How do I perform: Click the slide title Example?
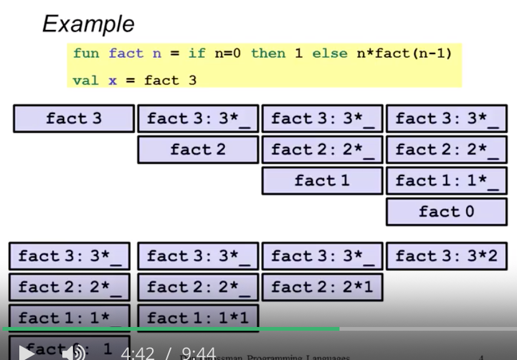[88, 24]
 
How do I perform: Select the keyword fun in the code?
[86, 54]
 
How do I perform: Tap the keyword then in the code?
[268, 54]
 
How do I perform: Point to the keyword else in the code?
[330, 54]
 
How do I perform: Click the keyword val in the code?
[86, 80]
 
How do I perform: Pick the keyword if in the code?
[197, 54]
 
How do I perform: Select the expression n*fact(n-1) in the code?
[404, 54]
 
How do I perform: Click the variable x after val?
[113, 80]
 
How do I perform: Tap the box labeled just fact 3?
[74, 118]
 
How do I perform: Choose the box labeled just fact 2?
[198, 149]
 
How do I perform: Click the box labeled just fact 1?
[322, 181]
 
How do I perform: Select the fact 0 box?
[447, 212]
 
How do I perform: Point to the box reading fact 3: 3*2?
[447, 256]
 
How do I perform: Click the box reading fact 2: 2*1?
[322, 287]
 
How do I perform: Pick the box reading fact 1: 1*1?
[198, 318]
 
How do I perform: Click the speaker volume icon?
[74, 353]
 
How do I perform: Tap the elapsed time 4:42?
[138, 354]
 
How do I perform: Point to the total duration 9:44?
[199, 354]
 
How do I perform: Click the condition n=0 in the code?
[227, 54]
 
